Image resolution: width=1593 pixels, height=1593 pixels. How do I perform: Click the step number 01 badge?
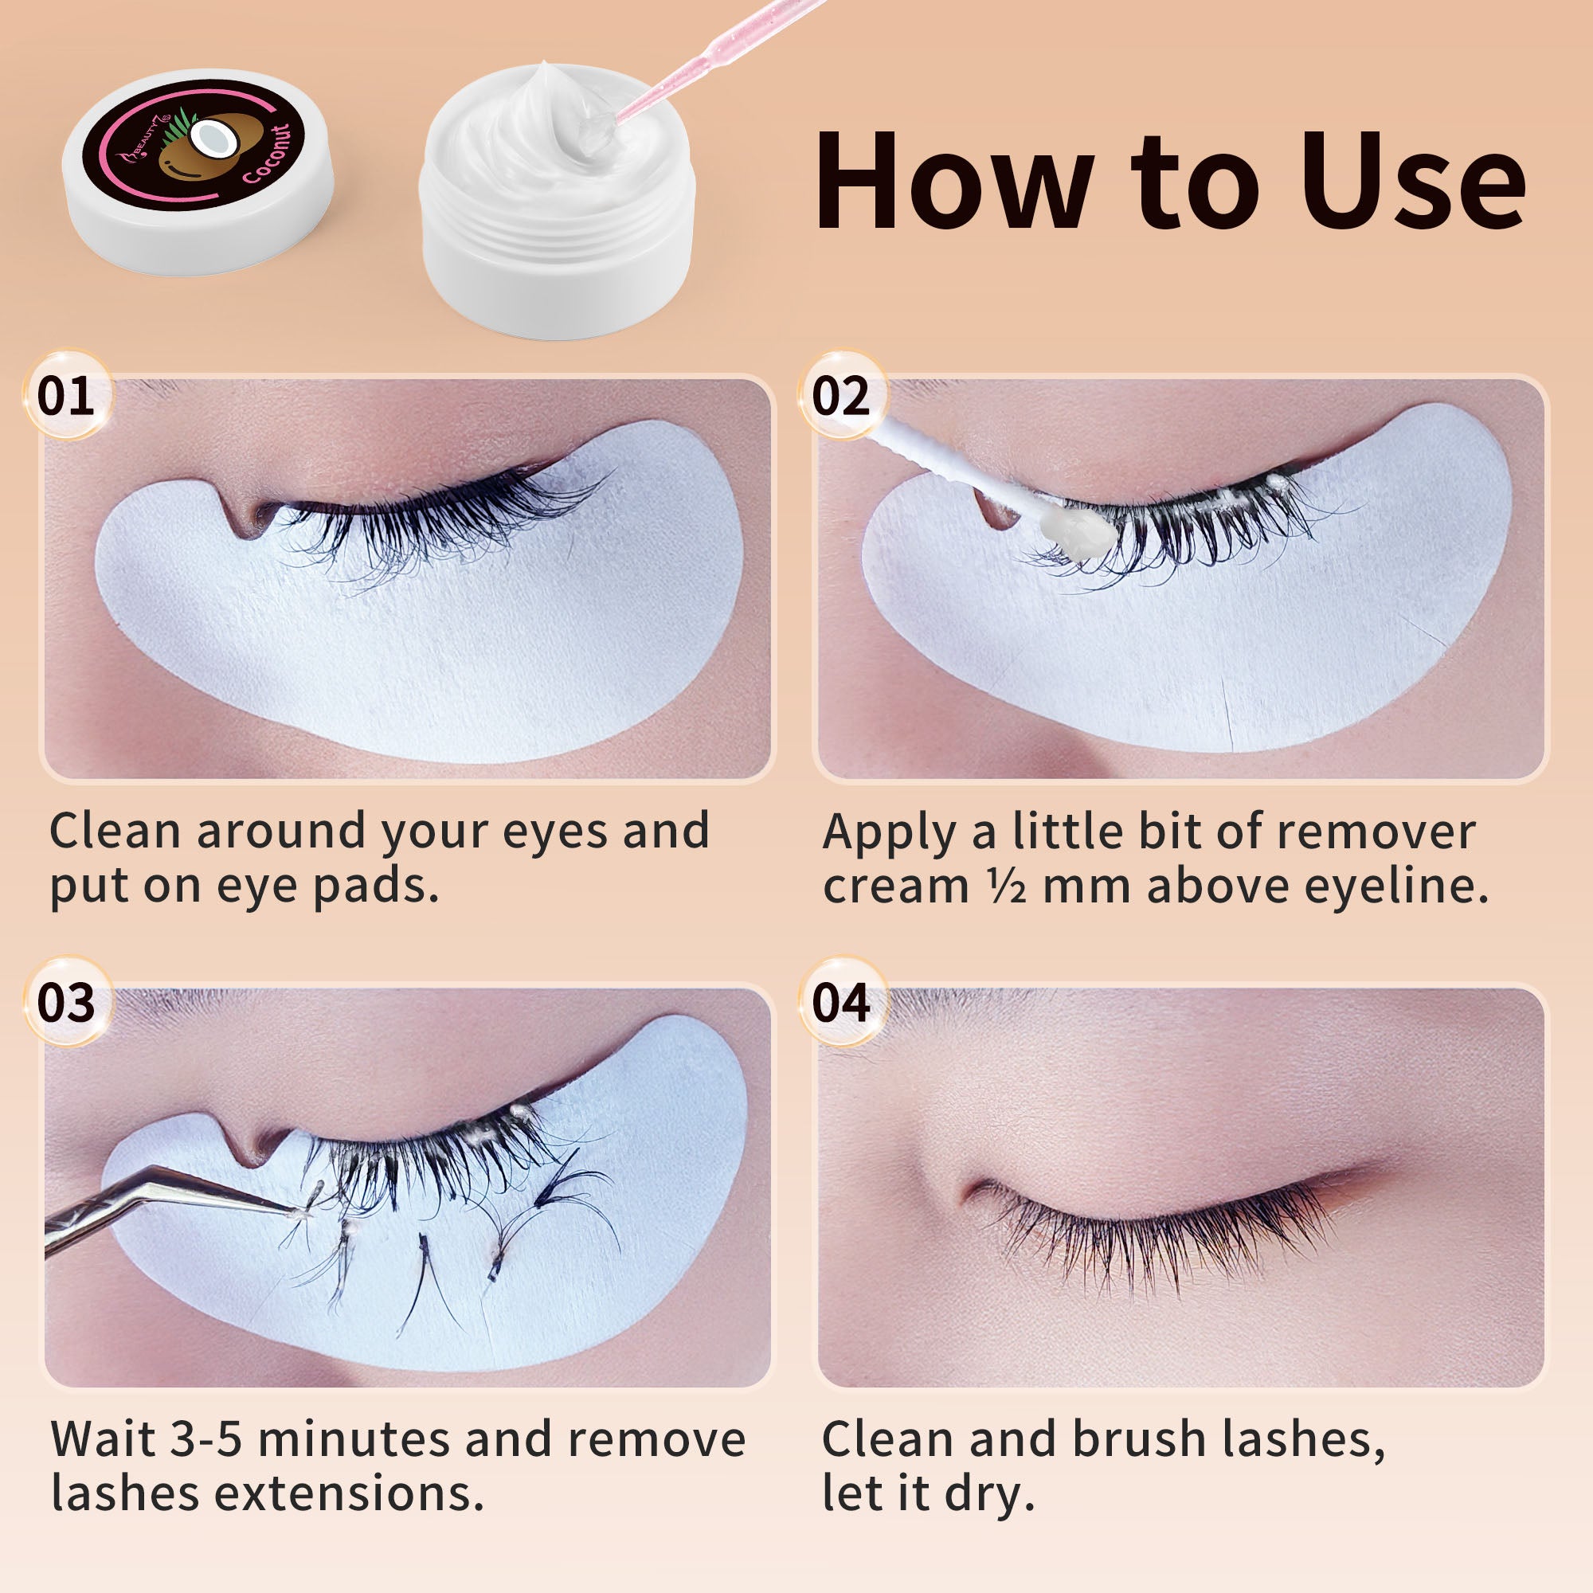tap(66, 395)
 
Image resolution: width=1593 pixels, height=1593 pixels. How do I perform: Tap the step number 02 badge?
tap(841, 395)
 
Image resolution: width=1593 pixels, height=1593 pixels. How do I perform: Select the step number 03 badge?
tap(66, 1003)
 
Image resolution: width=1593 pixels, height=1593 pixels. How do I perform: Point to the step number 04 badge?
tap(841, 1003)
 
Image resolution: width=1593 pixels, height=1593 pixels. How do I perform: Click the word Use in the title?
tap(1413, 181)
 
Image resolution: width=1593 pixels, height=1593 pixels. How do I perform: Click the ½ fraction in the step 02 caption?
tap(1007, 888)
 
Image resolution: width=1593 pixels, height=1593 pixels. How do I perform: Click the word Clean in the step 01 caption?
tap(115, 830)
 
